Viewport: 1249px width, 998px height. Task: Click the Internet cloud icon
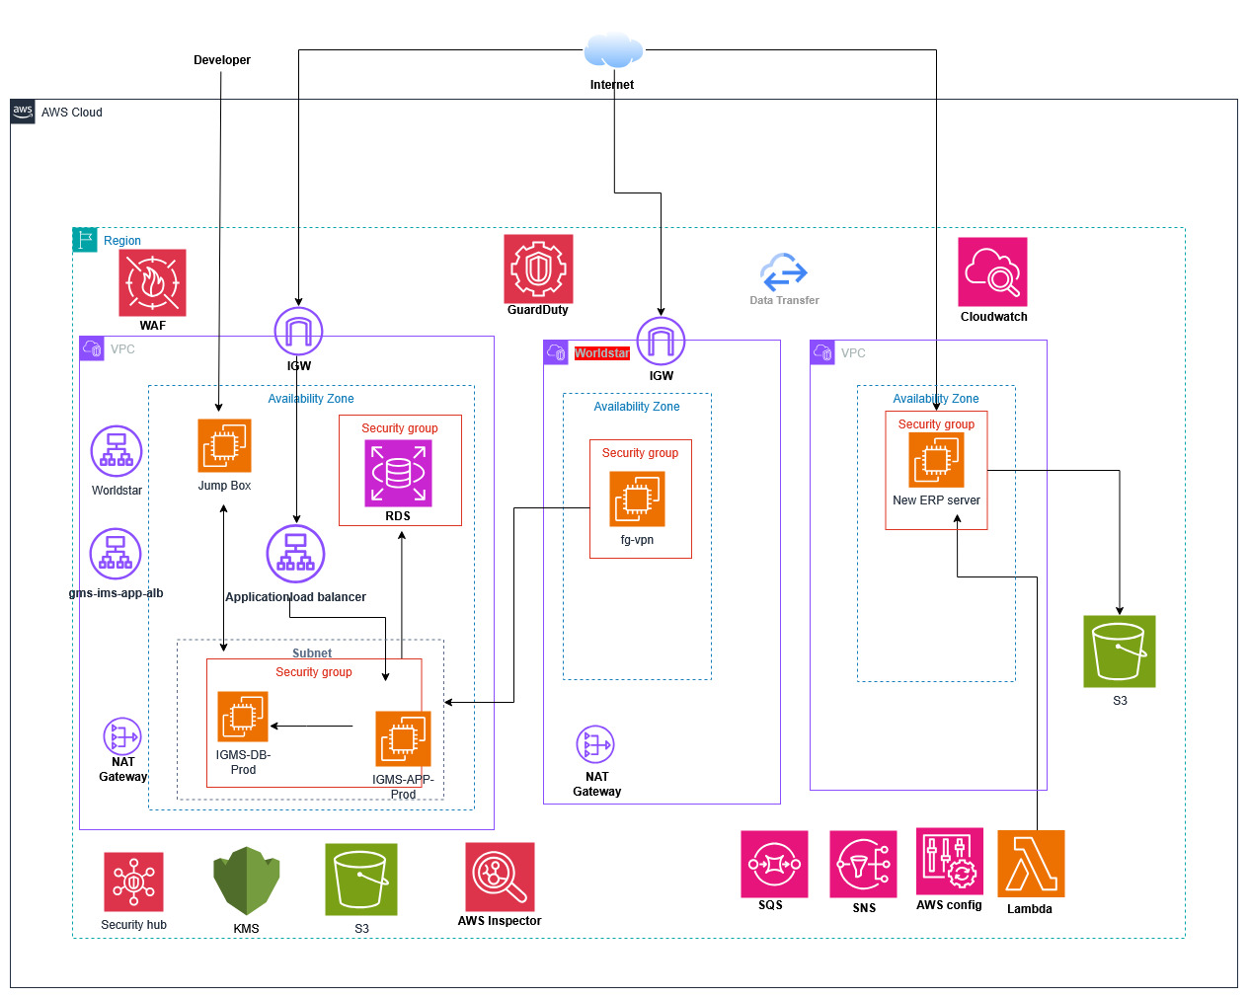point(613,50)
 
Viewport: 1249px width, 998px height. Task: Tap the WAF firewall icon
point(152,282)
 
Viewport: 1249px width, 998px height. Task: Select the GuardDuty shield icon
point(538,269)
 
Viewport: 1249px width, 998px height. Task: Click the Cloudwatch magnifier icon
point(992,271)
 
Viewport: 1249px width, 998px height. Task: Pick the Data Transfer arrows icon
point(784,271)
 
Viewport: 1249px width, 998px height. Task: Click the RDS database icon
point(398,473)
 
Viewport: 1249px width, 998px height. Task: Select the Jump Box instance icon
point(224,445)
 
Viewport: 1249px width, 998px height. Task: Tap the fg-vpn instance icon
point(637,499)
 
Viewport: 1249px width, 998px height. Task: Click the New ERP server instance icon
point(936,460)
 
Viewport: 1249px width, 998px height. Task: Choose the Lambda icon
point(1030,863)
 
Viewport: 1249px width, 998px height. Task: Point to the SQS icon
point(774,864)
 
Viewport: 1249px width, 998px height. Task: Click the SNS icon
point(863,864)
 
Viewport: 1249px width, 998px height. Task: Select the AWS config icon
point(949,861)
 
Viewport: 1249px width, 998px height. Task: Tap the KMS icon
point(246,880)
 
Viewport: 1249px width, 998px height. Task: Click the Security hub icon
point(133,881)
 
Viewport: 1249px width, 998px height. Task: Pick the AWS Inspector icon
point(500,877)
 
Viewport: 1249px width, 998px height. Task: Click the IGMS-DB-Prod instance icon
point(243,716)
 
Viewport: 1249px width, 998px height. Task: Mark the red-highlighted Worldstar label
point(601,352)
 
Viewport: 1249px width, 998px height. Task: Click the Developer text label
point(222,60)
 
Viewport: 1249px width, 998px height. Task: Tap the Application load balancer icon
point(295,553)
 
